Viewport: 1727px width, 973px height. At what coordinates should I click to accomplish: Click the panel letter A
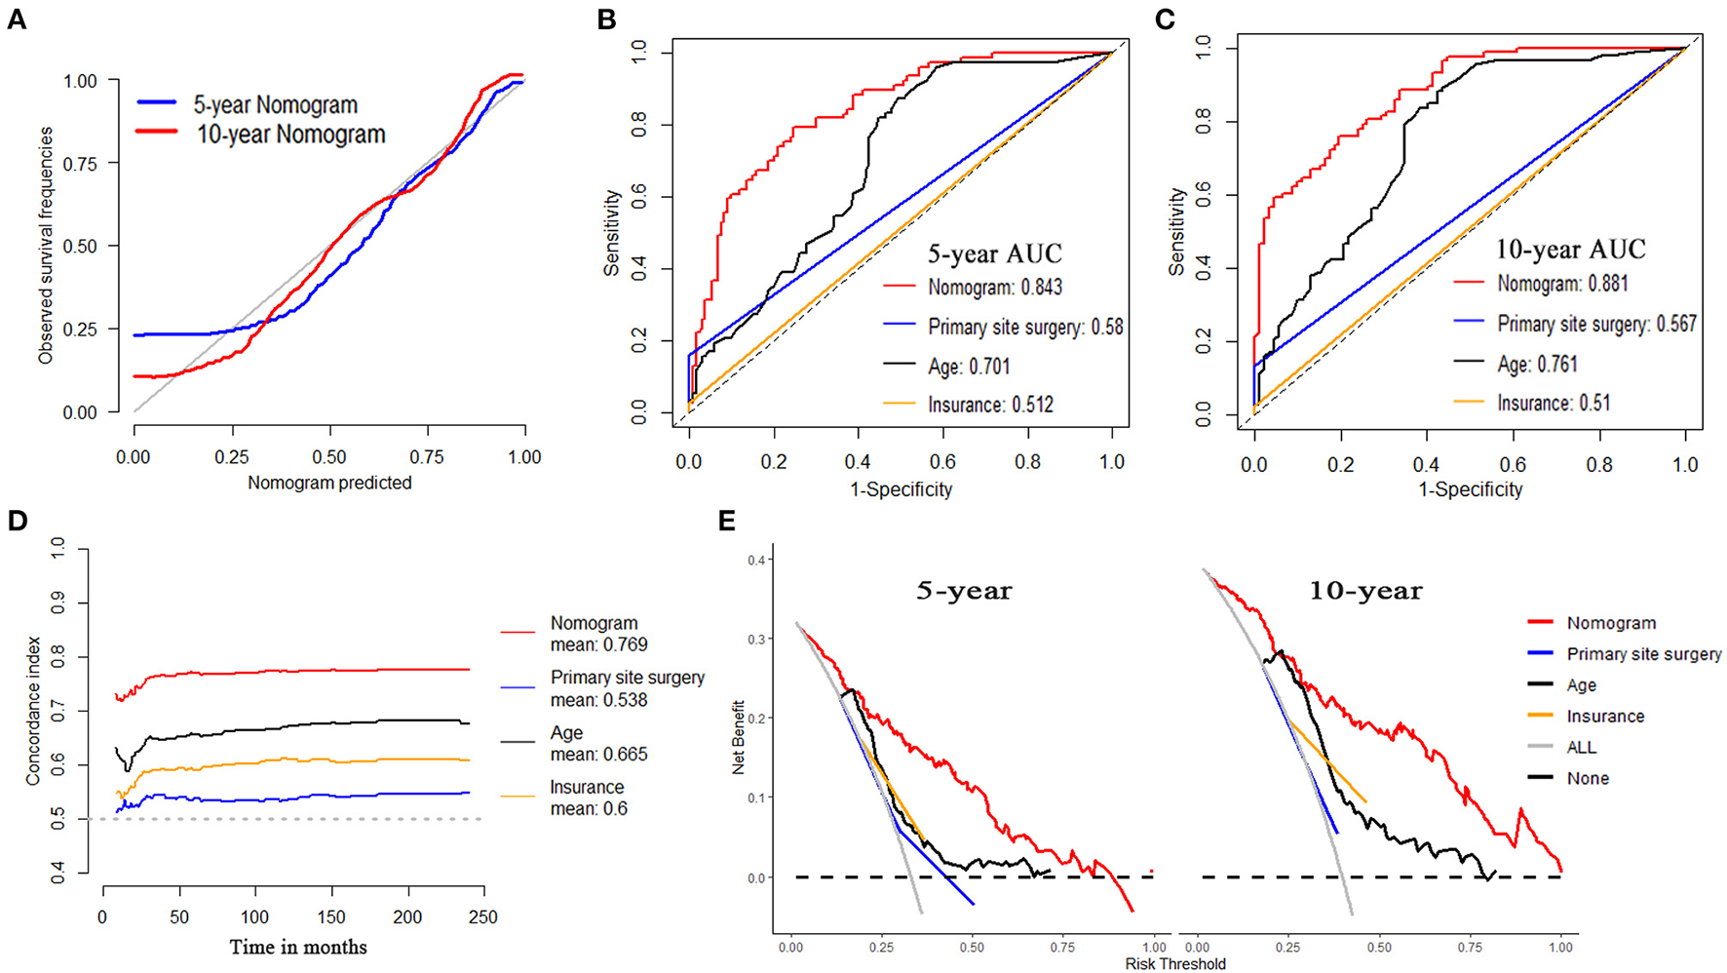pos(17,19)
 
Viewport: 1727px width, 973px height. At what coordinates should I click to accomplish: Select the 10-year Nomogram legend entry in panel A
pos(290,135)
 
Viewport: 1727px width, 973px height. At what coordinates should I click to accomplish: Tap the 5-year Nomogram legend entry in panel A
pos(276,104)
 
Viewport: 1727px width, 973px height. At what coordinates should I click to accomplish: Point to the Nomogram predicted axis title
pos(329,483)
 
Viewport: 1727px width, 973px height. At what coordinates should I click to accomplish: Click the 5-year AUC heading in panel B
pos(994,254)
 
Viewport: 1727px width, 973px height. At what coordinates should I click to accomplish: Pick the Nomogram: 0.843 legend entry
pos(994,288)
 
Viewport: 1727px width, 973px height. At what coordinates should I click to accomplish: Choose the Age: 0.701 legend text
pos(969,367)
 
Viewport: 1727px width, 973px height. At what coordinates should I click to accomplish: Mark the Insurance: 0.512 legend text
pos(990,405)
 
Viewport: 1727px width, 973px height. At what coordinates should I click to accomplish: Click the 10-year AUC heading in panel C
pos(1570,250)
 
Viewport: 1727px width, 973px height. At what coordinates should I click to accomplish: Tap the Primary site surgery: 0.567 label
pos(1596,324)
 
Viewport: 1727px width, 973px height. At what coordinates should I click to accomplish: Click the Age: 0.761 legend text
pos(1537,364)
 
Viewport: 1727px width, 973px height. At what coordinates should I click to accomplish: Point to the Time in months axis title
pos(298,947)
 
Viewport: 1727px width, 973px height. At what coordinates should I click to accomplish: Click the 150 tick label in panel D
pos(331,917)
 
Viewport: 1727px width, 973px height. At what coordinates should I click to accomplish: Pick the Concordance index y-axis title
pos(33,710)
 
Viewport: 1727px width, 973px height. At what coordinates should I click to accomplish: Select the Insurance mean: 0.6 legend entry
pos(588,798)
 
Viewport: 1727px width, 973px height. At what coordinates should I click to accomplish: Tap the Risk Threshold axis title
pos(1174,963)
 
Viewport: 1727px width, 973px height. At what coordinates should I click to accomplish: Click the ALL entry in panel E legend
pos(1581,747)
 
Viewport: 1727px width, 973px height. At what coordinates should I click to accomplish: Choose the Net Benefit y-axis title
pos(738,737)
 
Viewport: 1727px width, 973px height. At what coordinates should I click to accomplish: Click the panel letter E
pos(726,522)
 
